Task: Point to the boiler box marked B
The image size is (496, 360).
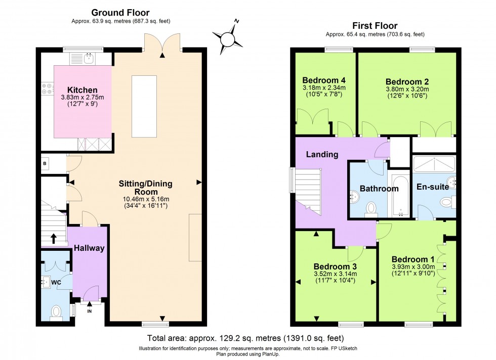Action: point(45,163)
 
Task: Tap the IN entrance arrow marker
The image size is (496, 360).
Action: point(90,304)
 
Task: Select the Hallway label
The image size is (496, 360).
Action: point(89,248)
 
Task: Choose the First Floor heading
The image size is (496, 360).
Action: point(374,26)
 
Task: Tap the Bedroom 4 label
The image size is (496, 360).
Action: point(323,80)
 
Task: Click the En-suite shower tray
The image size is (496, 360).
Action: point(434,164)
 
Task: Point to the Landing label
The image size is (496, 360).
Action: point(322,154)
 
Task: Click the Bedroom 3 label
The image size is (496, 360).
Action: point(335,266)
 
